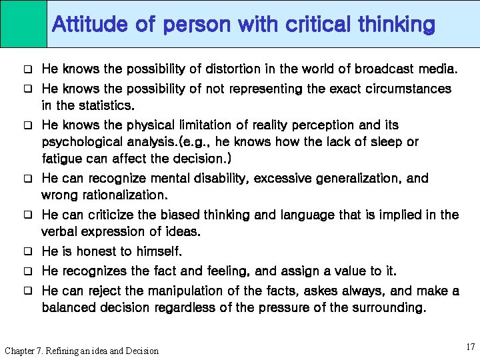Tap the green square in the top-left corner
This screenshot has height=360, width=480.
23,23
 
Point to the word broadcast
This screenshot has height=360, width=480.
382,69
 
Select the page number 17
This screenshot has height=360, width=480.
471,347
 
